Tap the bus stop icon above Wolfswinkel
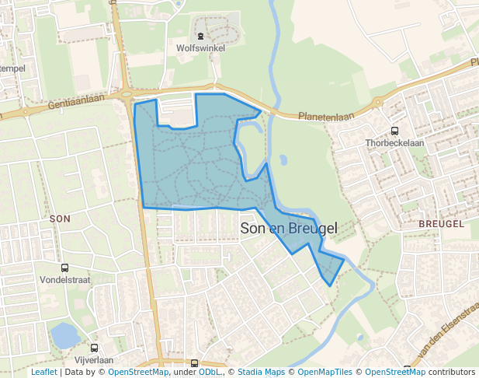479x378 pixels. pos(200,35)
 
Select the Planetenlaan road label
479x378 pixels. pos(326,116)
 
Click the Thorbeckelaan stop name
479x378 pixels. pos(394,143)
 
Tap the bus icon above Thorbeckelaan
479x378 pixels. pos(394,131)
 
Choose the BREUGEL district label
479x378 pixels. pos(440,223)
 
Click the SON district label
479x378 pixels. pos(60,219)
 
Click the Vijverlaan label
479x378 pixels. pos(95,360)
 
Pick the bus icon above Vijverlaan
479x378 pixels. pos(95,348)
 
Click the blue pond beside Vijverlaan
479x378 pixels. pos(64,336)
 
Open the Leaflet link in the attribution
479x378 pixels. pos(43,373)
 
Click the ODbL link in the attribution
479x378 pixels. pos(210,373)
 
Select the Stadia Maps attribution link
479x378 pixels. pos(261,373)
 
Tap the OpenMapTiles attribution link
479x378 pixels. pos(325,373)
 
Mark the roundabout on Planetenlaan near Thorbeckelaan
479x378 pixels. pos(378,102)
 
